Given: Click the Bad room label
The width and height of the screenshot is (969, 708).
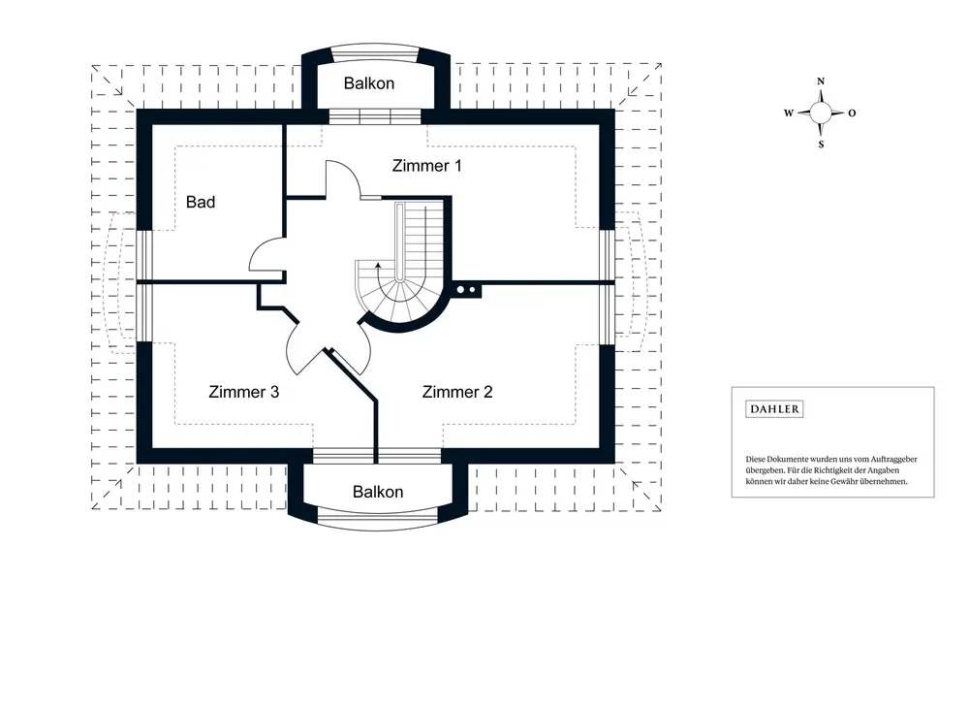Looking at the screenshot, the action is pos(201,202).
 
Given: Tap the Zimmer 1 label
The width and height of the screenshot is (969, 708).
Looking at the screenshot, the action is pos(426,166).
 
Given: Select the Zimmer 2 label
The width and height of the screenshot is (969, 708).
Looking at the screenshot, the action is pos(457,392).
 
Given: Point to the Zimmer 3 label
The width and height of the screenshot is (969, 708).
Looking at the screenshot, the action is pos(244,392).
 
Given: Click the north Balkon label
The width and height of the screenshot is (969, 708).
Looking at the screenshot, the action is pos(369,83).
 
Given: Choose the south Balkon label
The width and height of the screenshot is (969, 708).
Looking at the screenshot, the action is pos(378,492).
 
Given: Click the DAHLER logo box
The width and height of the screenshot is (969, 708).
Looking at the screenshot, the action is pos(774,409).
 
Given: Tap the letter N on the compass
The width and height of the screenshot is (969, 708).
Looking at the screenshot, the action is pos(821,81).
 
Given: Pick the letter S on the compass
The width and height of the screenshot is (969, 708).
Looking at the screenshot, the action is pos(821,145).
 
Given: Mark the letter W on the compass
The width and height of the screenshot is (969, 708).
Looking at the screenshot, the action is pos(789,113).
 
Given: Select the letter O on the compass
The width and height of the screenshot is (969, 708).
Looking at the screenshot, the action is pos(852,113).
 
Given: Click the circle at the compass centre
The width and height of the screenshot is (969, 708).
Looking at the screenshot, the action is pos(821,113).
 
